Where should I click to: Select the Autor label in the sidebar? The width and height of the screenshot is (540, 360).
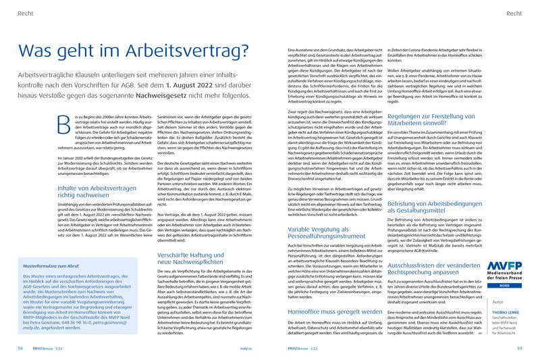coord(499,284)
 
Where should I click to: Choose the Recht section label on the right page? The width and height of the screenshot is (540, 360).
coord(512,14)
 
